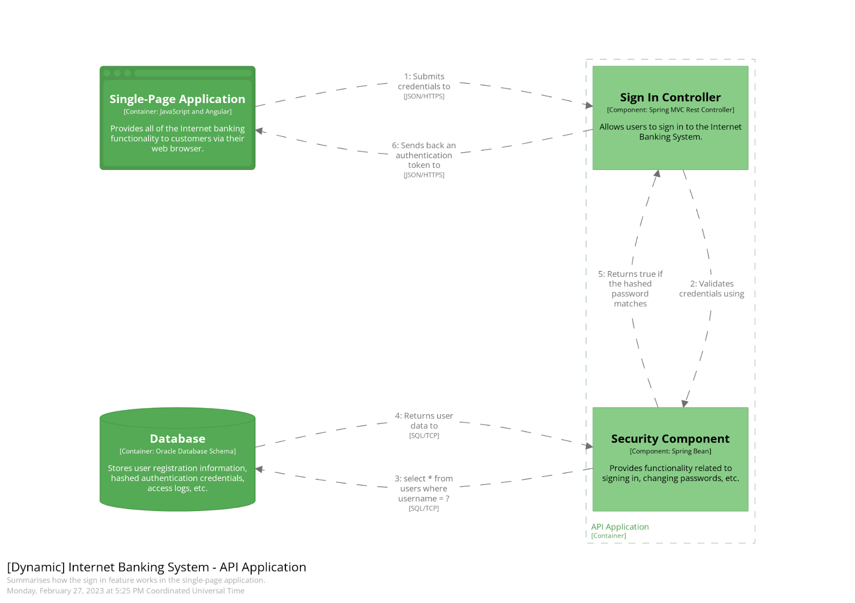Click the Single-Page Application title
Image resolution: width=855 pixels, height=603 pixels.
[177, 99]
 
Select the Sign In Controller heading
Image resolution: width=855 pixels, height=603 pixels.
[670, 97]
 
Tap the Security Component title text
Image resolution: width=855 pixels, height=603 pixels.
[670, 439]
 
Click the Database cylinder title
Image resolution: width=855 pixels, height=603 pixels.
[177, 439]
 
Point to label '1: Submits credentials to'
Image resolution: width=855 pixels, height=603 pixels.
[424, 82]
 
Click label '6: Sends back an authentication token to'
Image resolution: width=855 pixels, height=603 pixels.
[424, 156]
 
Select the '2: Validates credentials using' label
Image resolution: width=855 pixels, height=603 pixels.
[711, 289]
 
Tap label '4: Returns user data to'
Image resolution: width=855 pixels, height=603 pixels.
[424, 421]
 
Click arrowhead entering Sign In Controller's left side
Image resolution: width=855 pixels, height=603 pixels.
[589, 105]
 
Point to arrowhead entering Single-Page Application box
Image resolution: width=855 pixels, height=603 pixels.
[259, 130]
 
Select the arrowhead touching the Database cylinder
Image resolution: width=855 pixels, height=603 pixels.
[259, 469]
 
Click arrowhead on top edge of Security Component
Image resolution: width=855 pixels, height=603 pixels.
[685, 404]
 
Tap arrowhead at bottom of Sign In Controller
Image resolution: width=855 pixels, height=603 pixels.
[657, 174]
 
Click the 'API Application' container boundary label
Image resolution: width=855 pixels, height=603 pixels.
[620, 527]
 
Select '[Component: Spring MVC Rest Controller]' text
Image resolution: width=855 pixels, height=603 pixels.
[670, 110]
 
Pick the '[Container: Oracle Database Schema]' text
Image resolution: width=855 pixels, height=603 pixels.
[177, 451]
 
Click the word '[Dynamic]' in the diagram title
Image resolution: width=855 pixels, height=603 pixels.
[36, 567]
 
